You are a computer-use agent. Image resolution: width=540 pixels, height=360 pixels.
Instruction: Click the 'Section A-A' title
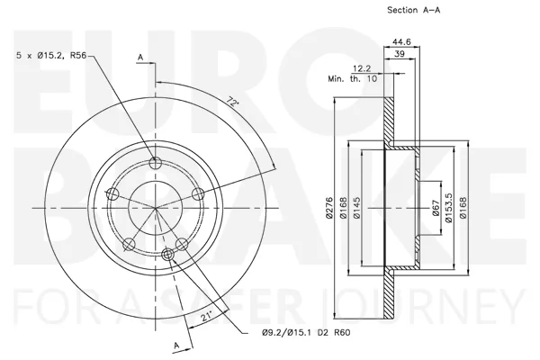click(414, 10)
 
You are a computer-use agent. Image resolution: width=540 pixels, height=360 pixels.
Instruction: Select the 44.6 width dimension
click(402, 41)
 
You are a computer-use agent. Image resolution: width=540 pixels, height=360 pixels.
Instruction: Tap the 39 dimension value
click(400, 54)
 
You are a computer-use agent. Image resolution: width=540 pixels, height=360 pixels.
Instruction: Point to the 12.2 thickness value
click(362, 68)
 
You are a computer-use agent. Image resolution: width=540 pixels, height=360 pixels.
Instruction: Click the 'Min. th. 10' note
click(352, 78)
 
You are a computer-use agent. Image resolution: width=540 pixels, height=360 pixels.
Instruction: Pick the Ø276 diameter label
click(329, 208)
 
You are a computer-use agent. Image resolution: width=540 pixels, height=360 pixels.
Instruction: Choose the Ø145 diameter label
click(356, 208)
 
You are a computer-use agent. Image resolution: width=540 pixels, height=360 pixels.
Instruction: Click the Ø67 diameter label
click(436, 208)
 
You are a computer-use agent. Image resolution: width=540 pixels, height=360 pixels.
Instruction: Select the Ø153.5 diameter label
click(449, 208)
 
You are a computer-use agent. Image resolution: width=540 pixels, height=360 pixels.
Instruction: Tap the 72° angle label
click(232, 102)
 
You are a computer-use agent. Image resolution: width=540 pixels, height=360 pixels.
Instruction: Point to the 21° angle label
click(206, 316)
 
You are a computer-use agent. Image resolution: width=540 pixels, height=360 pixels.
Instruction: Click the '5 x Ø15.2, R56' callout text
click(51, 55)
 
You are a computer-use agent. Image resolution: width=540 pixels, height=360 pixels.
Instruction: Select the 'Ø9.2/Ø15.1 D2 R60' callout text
click(306, 332)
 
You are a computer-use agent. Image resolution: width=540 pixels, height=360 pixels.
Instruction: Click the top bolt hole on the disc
click(156, 162)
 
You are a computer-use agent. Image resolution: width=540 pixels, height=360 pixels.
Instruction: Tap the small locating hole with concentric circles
click(167, 254)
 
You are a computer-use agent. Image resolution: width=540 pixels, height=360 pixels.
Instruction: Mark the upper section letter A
click(140, 58)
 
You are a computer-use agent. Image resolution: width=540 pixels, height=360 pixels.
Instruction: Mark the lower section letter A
click(176, 346)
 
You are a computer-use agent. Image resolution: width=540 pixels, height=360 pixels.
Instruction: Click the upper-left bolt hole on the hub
click(112, 194)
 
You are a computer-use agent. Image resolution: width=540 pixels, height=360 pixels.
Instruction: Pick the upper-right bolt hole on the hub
click(199, 194)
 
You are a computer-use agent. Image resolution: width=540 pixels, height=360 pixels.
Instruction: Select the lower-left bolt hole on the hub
click(129, 244)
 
